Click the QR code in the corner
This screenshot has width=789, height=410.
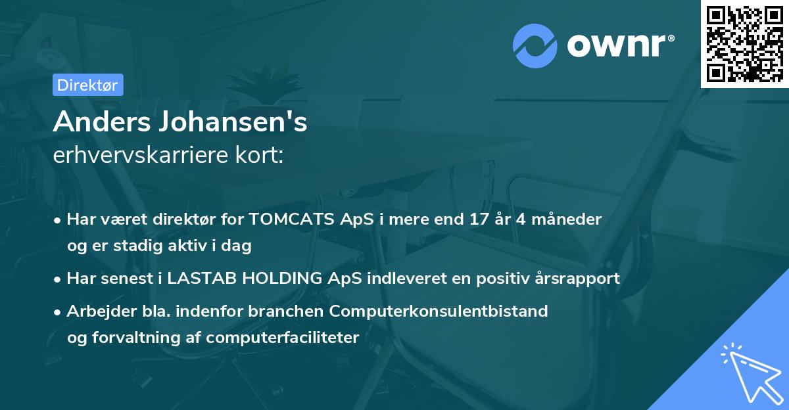(x=744, y=44)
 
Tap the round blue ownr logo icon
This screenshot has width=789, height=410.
(x=535, y=46)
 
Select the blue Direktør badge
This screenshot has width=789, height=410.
(x=87, y=85)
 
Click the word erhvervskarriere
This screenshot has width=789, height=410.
(x=143, y=155)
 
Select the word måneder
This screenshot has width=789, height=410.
(x=567, y=219)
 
